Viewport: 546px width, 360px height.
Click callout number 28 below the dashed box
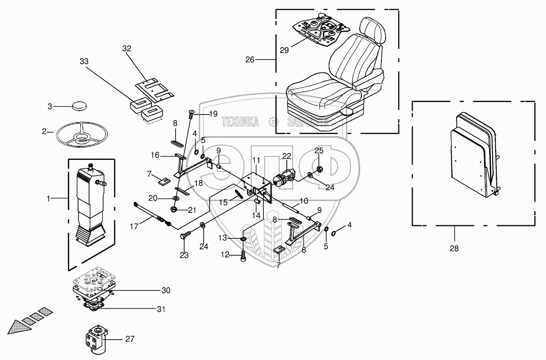coord(454,248)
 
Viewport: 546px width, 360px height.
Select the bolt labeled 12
coord(244,255)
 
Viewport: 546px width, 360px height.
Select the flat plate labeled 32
coord(154,90)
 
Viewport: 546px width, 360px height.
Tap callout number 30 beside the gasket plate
coord(165,290)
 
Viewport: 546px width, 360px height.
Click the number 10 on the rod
coord(304,201)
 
